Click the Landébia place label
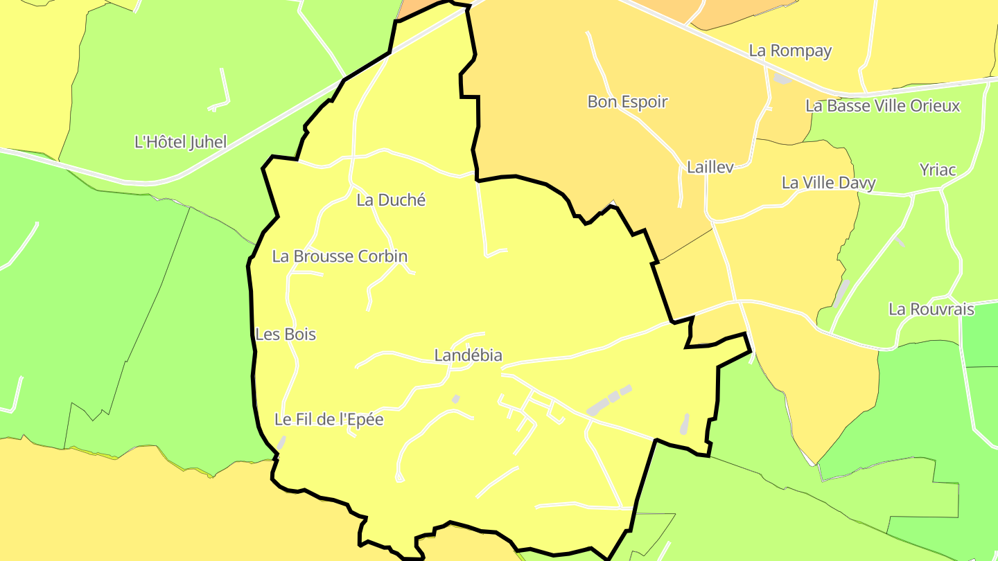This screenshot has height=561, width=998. click(468, 355)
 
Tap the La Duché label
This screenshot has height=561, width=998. click(391, 200)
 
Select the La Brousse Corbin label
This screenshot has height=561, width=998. click(340, 256)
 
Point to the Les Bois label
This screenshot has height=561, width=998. click(286, 335)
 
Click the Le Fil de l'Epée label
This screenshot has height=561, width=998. click(329, 419)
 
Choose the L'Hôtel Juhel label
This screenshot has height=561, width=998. click(180, 142)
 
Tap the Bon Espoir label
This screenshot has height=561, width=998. click(627, 102)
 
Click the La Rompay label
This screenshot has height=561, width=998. click(790, 51)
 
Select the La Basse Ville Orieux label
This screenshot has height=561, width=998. click(882, 106)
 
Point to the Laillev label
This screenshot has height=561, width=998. click(710, 167)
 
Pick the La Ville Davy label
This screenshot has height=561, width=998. click(828, 183)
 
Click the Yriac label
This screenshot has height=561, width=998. click(937, 170)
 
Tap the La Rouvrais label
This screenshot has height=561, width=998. click(931, 309)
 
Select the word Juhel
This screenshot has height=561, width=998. click(205, 142)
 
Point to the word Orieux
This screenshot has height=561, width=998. click(935, 106)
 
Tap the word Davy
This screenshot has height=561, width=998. click(858, 183)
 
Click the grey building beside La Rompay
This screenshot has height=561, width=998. click(782, 79)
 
